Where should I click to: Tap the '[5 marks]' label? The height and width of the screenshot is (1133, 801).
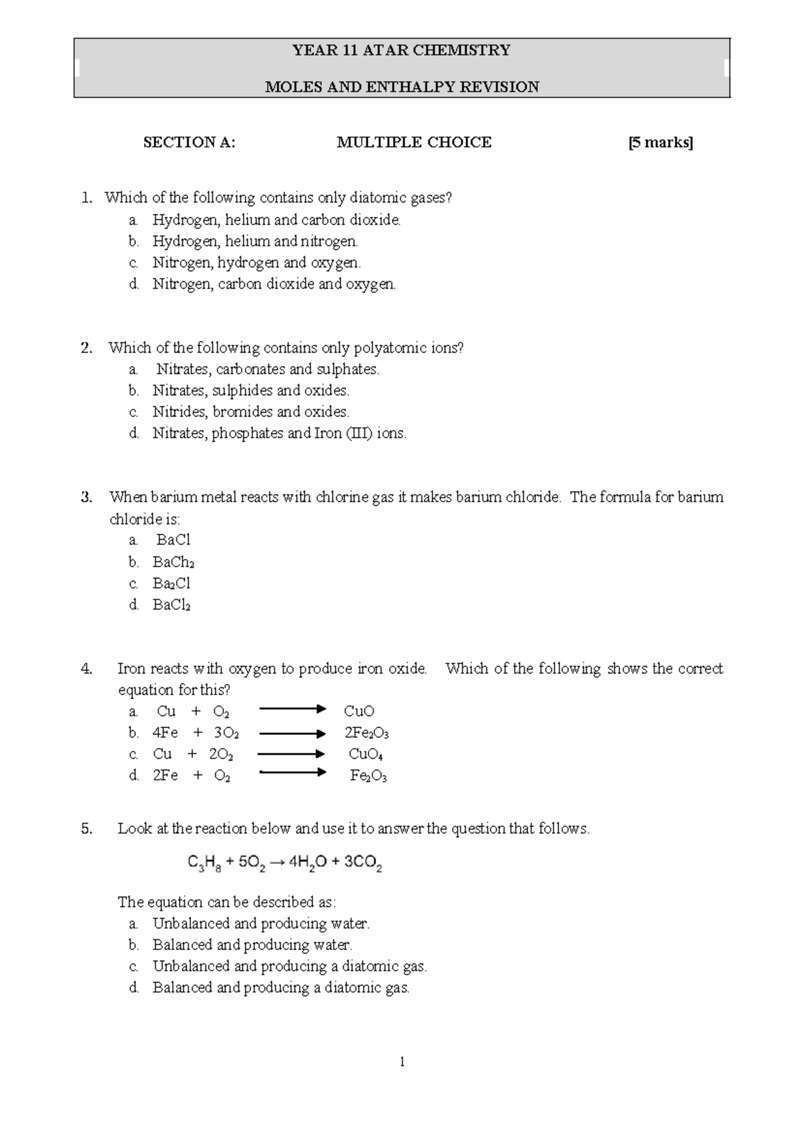pos(660,142)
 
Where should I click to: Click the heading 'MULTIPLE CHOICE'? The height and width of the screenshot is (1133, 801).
pos(414,142)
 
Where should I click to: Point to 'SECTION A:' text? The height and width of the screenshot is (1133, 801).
pos(189,142)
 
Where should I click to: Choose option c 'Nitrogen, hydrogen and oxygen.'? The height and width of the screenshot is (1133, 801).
pos(256,263)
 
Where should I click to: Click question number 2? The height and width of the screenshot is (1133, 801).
pos(86,348)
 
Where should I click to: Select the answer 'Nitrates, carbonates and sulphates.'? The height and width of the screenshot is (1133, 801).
pos(267,369)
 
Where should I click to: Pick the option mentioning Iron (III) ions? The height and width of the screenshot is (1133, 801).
pos(279,434)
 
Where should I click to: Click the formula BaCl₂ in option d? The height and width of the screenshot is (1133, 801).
pos(172,605)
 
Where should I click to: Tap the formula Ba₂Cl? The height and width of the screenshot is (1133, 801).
pos(172,584)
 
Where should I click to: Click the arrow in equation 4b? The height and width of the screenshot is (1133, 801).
pos(292,734)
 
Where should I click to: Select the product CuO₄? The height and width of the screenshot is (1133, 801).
pos(366,755)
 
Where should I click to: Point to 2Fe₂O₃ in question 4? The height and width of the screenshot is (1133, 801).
pos(366,734)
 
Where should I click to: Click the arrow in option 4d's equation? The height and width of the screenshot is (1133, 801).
pos(292,774)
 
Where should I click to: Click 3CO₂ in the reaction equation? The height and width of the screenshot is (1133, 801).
pos(362,864)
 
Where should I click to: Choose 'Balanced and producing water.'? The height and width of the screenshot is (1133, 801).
pos(252,945)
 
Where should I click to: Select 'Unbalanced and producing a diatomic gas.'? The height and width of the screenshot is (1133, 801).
pos(290,967)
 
